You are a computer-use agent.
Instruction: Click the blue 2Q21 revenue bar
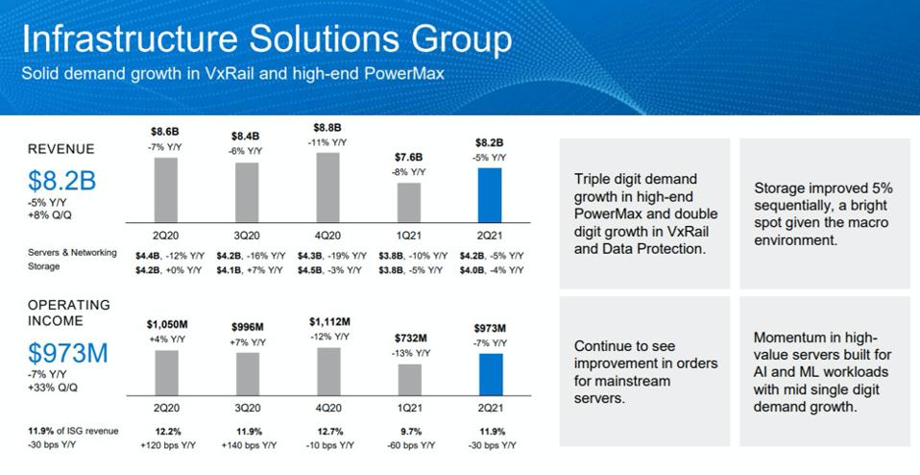coord(490,196)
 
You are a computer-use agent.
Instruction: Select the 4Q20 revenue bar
coord(327,187)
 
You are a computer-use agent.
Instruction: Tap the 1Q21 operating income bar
coord(409,379)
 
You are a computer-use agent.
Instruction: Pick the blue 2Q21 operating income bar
coord(490,374)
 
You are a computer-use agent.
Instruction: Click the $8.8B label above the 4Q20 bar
coord(327,128)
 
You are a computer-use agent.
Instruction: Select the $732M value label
coord(409,338)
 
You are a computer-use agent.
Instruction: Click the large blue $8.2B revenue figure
coord(61,182)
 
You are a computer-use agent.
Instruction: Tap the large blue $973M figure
coord(68,354)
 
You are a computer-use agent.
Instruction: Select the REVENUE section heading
coord(61,149)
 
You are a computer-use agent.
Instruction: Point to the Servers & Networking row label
coord(72,253)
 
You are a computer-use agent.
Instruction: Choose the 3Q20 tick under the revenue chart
coord(247,234)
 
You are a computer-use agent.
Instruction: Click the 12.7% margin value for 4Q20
coord(327,432)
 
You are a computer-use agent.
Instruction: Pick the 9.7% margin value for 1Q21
coord(409,432)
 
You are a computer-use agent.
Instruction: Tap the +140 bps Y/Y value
coord(247,446)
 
